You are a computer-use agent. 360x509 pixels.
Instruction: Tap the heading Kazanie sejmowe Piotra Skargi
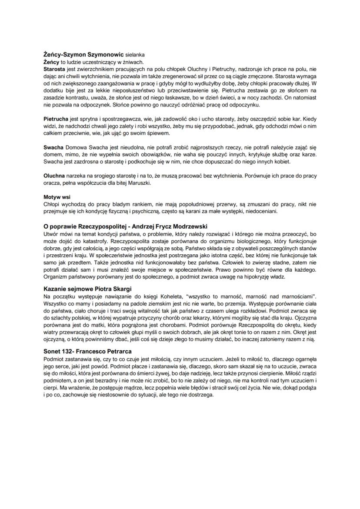tap(88, 289)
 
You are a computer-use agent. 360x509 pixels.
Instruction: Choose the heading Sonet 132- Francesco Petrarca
tap(88, 351)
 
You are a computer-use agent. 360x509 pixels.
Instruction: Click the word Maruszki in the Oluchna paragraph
tap(132, 183)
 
